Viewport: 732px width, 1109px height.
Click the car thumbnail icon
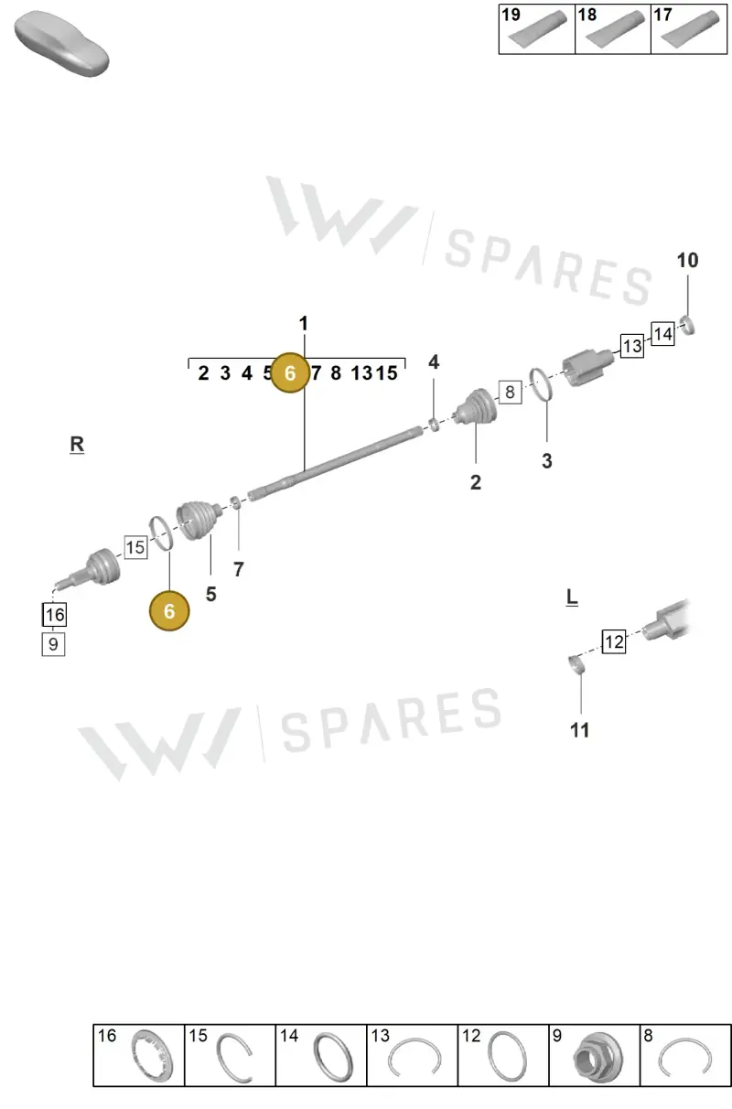pyautogui.click(x=61, y=45)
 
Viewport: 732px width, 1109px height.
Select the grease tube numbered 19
pyautogui.click(x=538, y=28)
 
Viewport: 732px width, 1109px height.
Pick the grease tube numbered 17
pyautogui.click(x=691, y=28)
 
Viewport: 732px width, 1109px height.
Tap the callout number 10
pyautogui.click(x=687, y=261)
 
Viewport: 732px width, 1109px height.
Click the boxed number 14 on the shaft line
pyautogui.click(x=662, y=334)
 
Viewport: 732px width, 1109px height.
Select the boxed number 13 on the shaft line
pyautogui.click(x=632, y=346)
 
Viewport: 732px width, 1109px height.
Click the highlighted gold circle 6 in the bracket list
pyautogui.click(x=290, y=372)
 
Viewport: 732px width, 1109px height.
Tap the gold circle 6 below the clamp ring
pyautogui.click(x=169, y=611)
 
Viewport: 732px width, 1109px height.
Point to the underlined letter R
pyautogui.click(x=77, y=444)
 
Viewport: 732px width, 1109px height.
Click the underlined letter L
pyautogui.click(x=572, y=598)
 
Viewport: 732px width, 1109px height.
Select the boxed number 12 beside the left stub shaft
pyautogui.click(x=614, y=641)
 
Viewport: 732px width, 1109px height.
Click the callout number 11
pyautogui.click(x=579, y=730)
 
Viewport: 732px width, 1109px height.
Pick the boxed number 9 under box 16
pyautogui.click(x=53, y=643)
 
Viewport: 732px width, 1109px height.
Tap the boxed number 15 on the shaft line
pyautogui.click(x=135, y=547)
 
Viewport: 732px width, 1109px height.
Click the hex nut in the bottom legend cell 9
pyautogui.click(x=597, y=1059)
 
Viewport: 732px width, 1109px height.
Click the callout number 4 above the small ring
pyautogui.click(x=434, y=362)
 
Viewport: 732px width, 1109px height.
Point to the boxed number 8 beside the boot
pyautogui.click(x=510, y=393)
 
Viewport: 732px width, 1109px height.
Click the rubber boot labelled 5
pyautogui.click(x=199, y=520)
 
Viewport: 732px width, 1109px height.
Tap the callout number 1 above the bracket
pyautogui.click(x=304, y=324)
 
